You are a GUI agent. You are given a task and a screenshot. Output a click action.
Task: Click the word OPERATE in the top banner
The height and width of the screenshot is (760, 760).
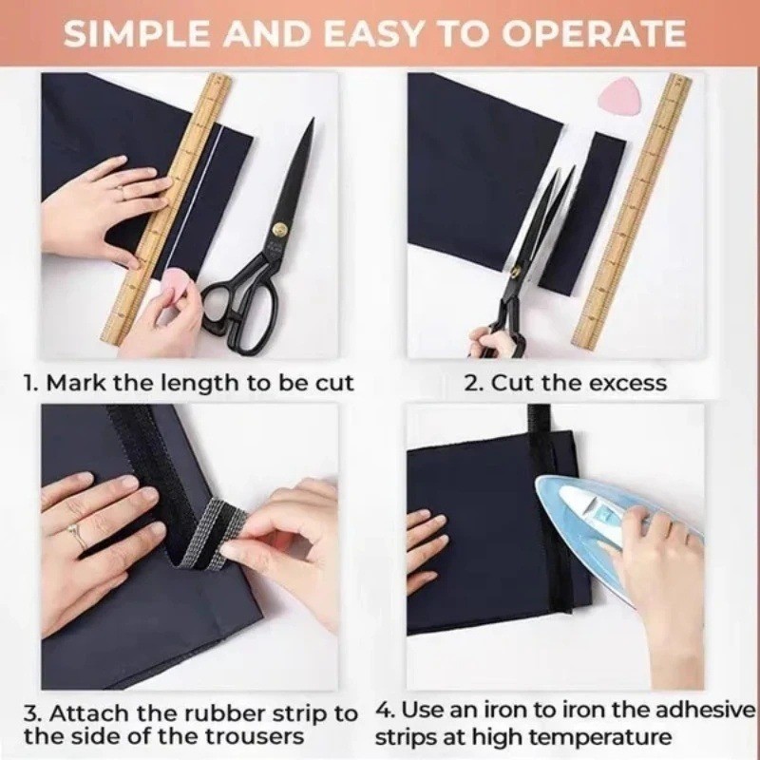[593, 34]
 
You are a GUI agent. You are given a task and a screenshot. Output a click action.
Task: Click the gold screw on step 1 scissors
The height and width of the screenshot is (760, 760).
[280, 229]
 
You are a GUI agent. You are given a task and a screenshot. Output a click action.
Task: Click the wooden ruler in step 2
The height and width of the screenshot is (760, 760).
[633, 211]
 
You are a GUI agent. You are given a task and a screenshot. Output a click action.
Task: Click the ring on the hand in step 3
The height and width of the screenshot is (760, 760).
[76, 532]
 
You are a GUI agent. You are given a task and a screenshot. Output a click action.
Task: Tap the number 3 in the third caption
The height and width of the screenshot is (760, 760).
[31, 713]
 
